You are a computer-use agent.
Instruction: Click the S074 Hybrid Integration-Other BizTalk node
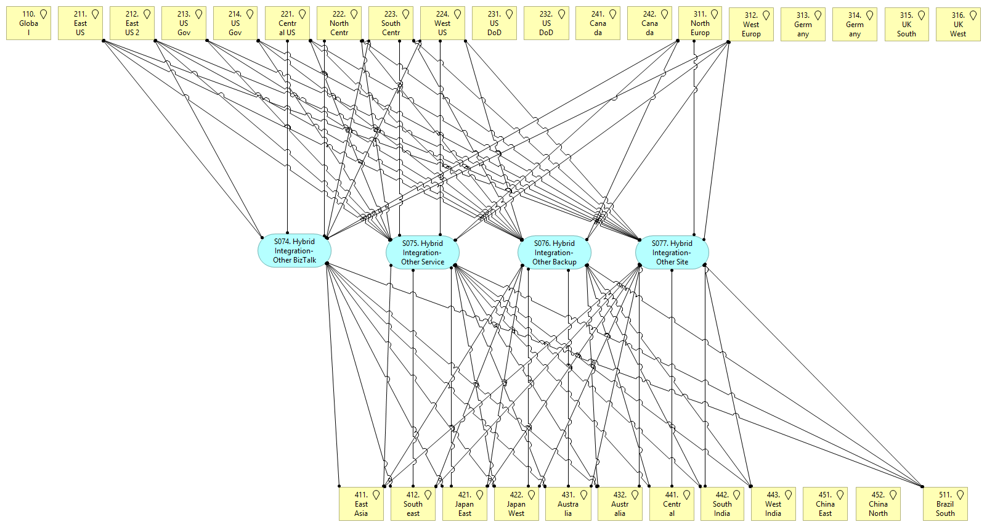(x=294, y=251)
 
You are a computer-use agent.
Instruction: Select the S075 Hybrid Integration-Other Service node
(x=423, y=253)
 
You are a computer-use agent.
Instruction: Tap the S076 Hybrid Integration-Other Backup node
(x=554, y=253)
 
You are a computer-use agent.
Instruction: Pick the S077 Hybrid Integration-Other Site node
(x=672, y=253)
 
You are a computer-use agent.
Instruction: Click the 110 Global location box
(x=28, y=23)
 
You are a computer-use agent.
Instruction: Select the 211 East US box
(x=80, y=23)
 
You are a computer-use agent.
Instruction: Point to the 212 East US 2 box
(x=132, y=23)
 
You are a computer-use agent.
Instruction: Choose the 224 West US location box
(x=442, y=23)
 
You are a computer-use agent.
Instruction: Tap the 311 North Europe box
(x=700, y=23)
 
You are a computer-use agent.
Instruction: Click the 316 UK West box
(x=958, y=25)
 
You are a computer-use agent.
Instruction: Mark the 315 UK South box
(x=906, y=25)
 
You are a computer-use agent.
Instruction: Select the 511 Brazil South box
(x=945, y=504)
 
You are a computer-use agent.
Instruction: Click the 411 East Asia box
(x=361, y=504)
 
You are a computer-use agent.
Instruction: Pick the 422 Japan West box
(x=516, y=504)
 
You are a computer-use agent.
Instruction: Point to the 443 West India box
(x=773, y=504)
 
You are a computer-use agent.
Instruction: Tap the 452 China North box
(x=878, y=504)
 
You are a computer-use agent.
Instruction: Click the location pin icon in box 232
(x=561, y=14)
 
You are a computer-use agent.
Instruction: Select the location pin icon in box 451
(x=840, y=495)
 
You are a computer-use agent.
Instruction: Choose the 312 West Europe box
(x=751, y=25)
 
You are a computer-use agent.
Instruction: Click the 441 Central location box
(x=672, y=504)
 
